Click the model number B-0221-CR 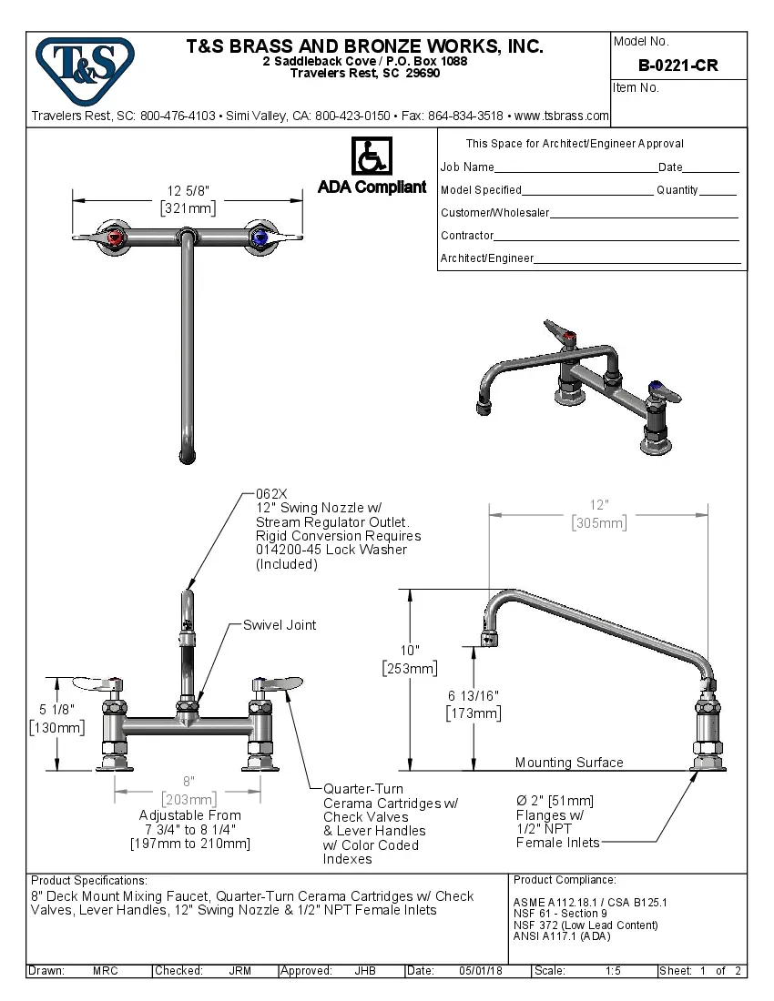click(677, 66)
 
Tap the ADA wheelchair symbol click(371, 157)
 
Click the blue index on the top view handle click(261, 238)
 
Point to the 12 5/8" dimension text click(188, 191)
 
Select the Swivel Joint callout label click(280, 625)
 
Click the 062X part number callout click(270, 494)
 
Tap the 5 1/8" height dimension click(57, 709)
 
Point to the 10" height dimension click(410, 651)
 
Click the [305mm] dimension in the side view click(598, 523)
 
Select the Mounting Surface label click(569, 763)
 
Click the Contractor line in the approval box click(467, 236)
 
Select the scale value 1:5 click(613, 971)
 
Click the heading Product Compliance click(565, 880)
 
